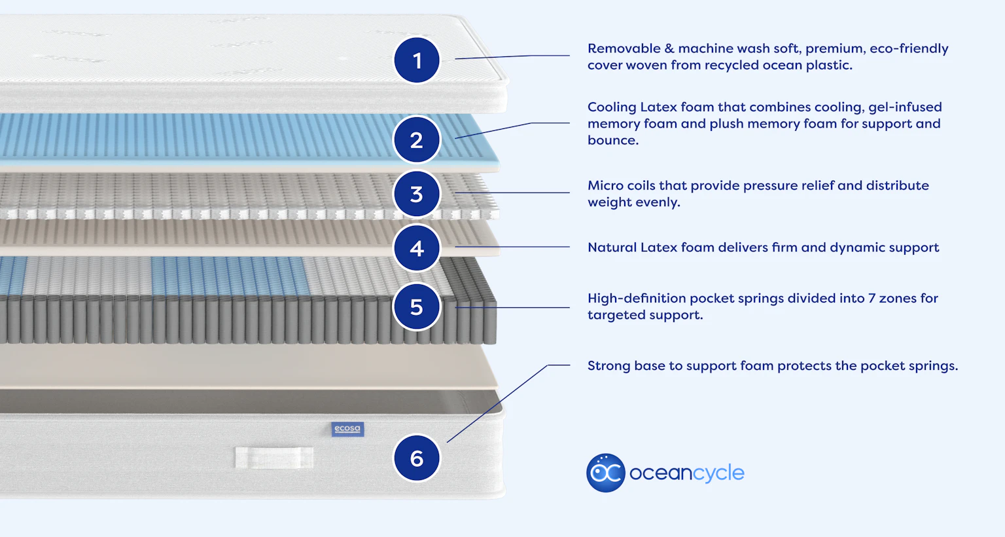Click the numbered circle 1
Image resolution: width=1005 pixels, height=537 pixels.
coord(417,60)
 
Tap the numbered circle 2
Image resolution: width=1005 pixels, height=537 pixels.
coord(417,139)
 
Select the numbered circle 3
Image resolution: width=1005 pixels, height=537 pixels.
coord(417,194)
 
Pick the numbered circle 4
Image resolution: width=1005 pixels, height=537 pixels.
coord(417,248)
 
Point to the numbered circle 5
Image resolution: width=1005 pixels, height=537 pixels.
coord(417,306)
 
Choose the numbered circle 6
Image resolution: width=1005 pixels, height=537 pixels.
coord(417,458)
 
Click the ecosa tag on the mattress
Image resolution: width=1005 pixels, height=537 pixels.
coord(347,429)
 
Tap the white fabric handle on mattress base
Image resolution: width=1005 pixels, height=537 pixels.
coord(274,458)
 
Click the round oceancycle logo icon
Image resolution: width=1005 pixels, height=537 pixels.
coord(606,473)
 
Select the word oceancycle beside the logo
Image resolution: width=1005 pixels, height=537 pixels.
coord(686,473)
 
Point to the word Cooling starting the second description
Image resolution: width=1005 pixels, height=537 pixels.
coord(611,107)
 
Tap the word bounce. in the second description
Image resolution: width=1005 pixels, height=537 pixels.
coord(612,140)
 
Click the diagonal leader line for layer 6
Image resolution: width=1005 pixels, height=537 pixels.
coord(497,403)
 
